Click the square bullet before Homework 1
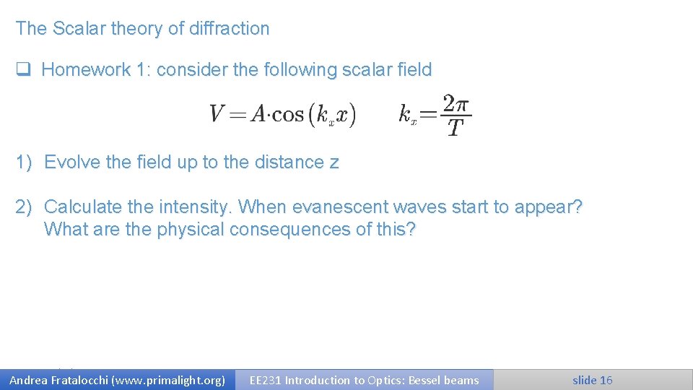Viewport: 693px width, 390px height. coord(23,70)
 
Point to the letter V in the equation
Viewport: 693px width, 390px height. coord(217,114)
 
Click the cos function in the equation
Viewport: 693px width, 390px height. coord(288,114)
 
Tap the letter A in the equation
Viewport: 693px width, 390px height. coord(257,114)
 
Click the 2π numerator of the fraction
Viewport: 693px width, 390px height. coord(456,104)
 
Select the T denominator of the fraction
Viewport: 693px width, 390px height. coord(455,129)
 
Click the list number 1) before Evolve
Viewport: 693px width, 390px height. coord(25,162)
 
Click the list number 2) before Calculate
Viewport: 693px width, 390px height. coord(25,207)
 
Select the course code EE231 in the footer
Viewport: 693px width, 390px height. coord(265,380)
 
